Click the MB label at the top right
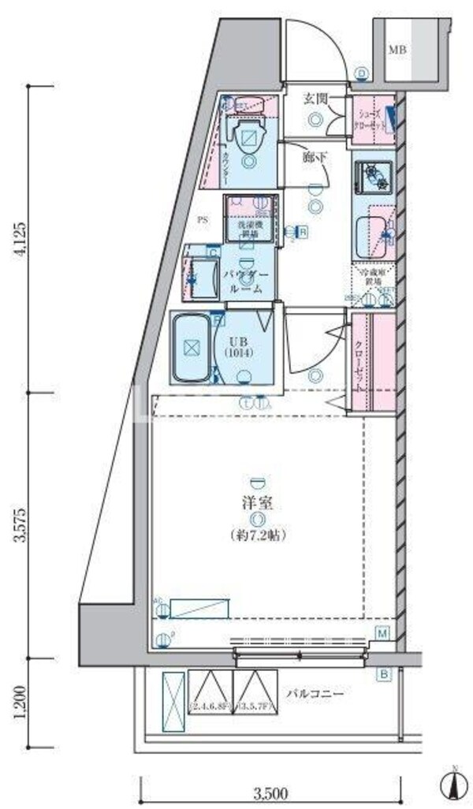397,50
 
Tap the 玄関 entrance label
316,99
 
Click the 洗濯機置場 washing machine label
248,229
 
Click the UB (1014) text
239,347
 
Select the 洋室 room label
258,502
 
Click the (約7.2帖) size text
257,535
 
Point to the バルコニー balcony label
315,694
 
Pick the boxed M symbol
382,633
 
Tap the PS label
203,220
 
